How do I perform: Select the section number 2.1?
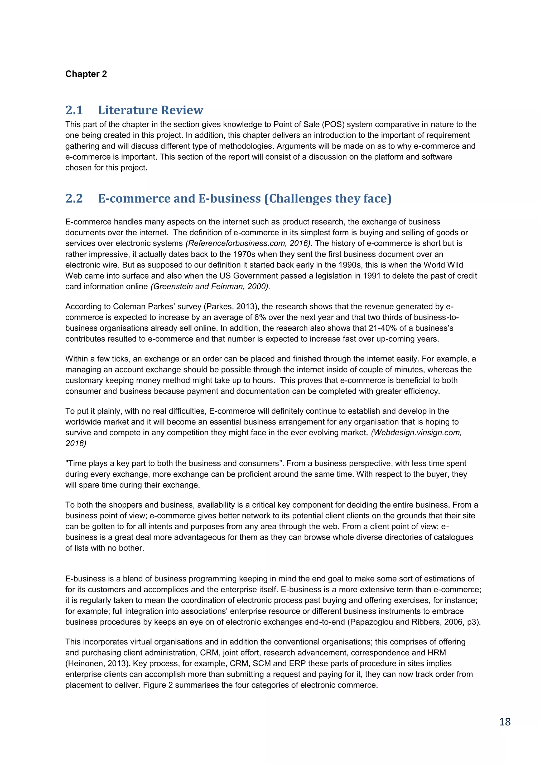tap(74, 110)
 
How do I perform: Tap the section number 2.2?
tap(74, 198)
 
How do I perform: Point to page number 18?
tap(505, 722)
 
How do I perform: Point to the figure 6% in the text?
tap(260, 317)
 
